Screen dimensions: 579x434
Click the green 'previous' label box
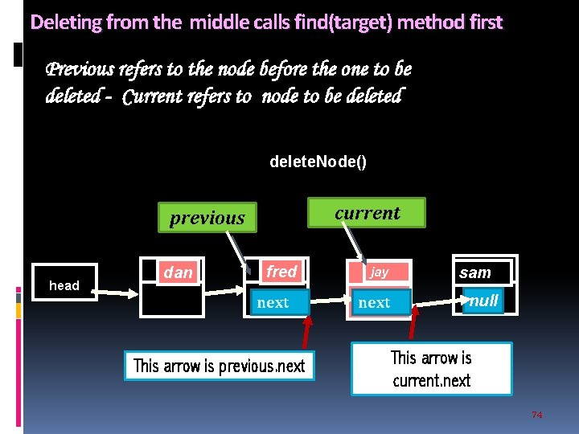point(207,217)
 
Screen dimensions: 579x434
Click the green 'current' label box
point(367,213)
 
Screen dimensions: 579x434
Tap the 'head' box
point(64,285)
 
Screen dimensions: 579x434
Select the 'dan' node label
point(178,272)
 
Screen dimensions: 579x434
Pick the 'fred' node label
point(281,272)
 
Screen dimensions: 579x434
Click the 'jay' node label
point(380,272)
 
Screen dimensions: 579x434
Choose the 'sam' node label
point(475,272)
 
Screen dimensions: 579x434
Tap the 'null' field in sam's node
point(483,301)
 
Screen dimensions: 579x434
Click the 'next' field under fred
point(273,302)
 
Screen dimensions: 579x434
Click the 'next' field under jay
point(374,302)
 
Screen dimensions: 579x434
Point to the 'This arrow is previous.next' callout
point(219,366)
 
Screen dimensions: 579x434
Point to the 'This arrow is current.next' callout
point(431,369)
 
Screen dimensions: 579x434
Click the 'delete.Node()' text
point(318,162)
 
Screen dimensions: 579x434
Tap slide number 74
point(537,415)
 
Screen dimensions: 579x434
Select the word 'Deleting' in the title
point(64,23)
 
